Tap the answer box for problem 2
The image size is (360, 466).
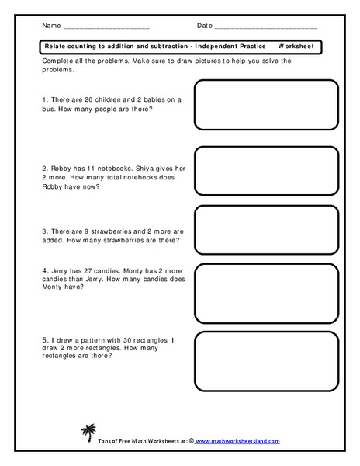[265, 170]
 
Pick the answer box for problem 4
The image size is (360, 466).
[265, 287]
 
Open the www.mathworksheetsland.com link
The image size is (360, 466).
[242, 441]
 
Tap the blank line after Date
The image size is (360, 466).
[265, 26]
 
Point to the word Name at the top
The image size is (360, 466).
[51, 26]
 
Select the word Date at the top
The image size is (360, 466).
[204, 26]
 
